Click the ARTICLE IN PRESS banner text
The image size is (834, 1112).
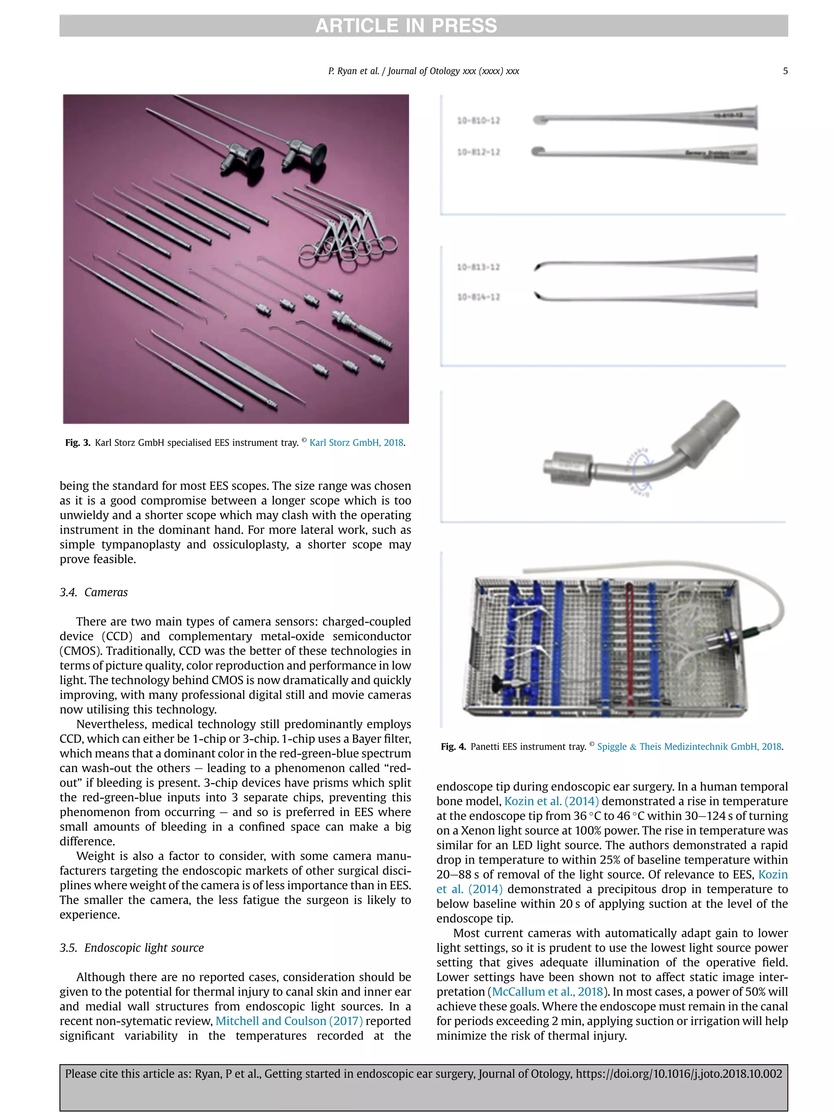406,26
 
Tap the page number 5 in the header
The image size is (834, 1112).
785,71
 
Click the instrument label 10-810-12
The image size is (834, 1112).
478,121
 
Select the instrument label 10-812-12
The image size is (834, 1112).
478,152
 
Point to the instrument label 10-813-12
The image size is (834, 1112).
478,267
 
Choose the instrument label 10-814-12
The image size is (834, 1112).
478,297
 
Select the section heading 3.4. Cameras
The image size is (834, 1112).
94,592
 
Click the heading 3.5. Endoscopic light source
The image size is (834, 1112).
132,948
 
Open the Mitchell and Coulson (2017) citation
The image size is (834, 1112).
289,1021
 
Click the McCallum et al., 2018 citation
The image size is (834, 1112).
547,992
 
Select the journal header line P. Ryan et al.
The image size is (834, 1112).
423,71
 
